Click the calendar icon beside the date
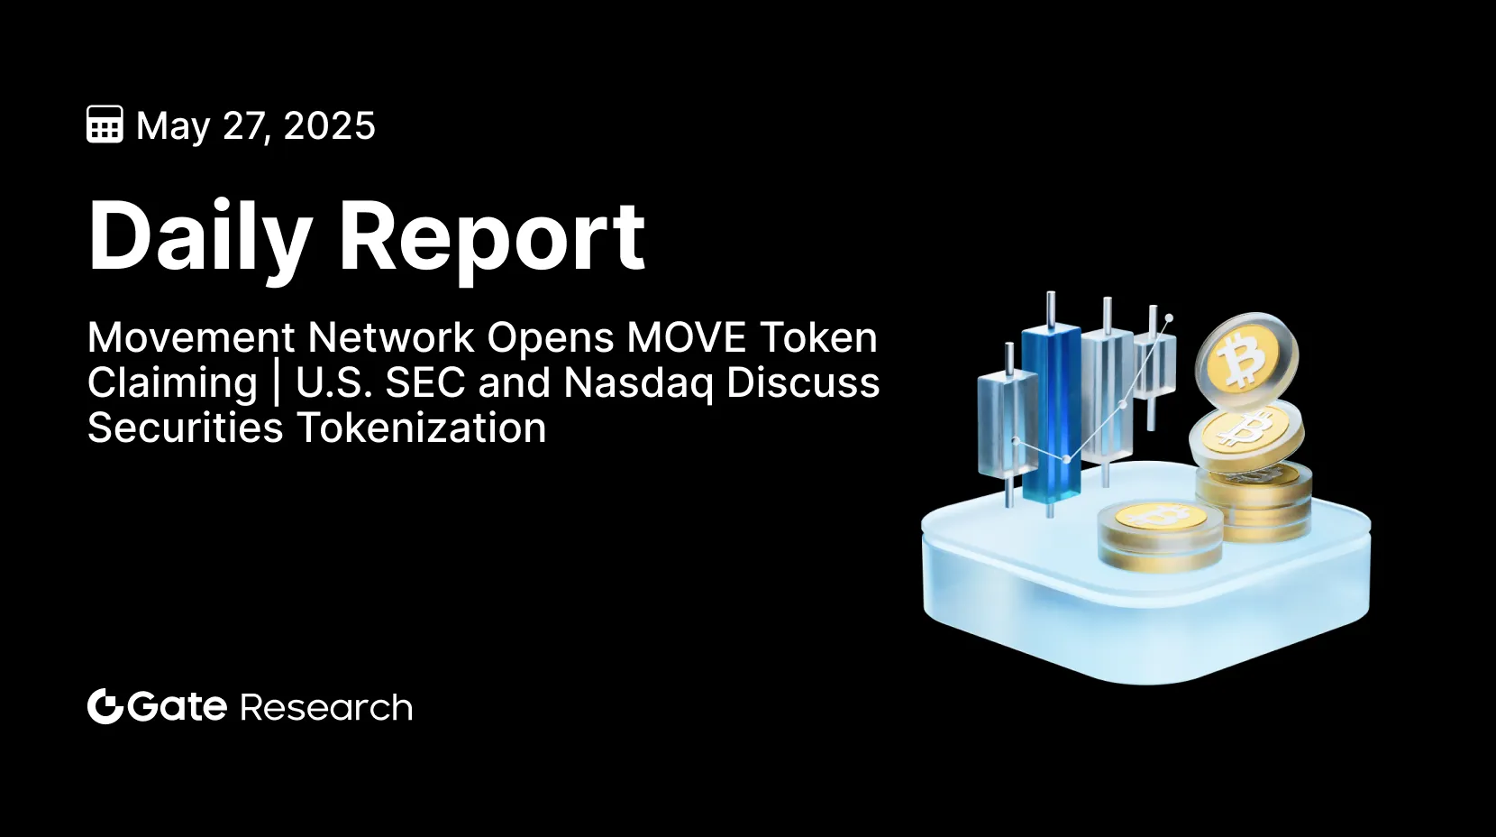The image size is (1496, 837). point(105,124)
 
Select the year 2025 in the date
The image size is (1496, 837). point(329,125)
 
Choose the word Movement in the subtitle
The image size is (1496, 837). point(191,337)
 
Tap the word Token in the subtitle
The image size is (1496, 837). point(818,337)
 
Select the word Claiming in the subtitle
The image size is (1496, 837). point(172,383)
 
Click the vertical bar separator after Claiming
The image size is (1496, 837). point(277,383)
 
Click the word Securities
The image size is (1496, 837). point(185,428)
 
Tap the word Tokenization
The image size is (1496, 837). point(422,428)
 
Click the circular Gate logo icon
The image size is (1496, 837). point(105,706)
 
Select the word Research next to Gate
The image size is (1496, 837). point(326,707)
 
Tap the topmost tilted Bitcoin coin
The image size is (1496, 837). point(1246,356)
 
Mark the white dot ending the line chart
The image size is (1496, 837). point(1169,318)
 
